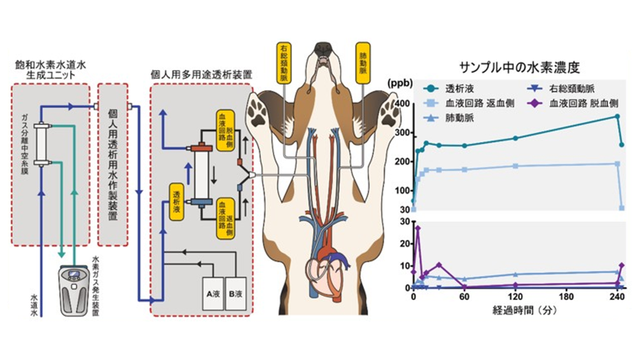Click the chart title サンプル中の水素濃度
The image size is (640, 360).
pos(519,68)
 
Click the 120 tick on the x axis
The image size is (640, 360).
pos(515,296)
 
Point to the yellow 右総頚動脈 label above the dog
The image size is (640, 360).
pos(282,62)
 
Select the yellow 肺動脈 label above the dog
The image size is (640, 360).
pos(365,62)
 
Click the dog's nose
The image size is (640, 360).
pos(323,50)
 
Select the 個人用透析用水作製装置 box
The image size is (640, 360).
pos(113,165)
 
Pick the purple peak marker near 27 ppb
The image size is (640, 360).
pos(417,228)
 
